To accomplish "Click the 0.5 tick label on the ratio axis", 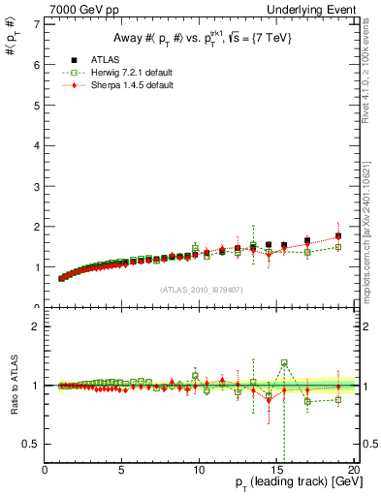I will pyautogui.click(x=33, y=444).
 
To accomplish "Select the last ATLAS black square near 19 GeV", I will pyautogui.click(x=338, y=236).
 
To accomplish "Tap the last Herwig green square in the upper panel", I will pyautogui.click(x=338, y=247).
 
